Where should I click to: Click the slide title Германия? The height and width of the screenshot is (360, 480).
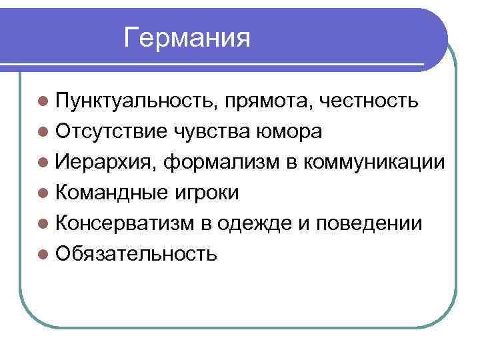tap(187, 38)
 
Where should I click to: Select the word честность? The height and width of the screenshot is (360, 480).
tap(369, 101)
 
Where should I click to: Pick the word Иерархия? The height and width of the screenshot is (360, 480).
tap(107, 162)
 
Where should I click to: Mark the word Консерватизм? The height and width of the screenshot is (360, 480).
tap(125, 223)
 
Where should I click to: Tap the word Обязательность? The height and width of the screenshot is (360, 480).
tap(136, 253)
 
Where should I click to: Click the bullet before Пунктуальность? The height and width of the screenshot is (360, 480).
tap(43, 102)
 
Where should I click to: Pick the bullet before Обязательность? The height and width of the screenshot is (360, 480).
tap(43, 254)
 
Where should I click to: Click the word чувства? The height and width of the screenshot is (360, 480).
tap(212, 131)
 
